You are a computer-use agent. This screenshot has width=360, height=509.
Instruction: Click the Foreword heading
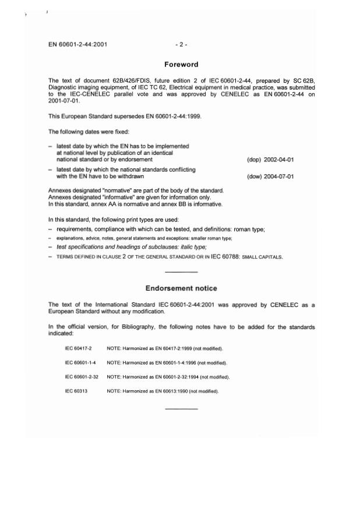point(181,65)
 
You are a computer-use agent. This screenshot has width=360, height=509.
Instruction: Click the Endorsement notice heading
point(181,288)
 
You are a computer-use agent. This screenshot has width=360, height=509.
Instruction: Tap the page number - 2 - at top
point(181,44)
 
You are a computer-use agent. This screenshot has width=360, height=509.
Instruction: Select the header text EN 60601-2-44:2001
point(78,44)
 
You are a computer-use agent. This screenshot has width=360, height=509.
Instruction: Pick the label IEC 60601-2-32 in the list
point(82,377)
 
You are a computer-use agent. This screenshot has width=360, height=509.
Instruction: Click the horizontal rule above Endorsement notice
point(181,273)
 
